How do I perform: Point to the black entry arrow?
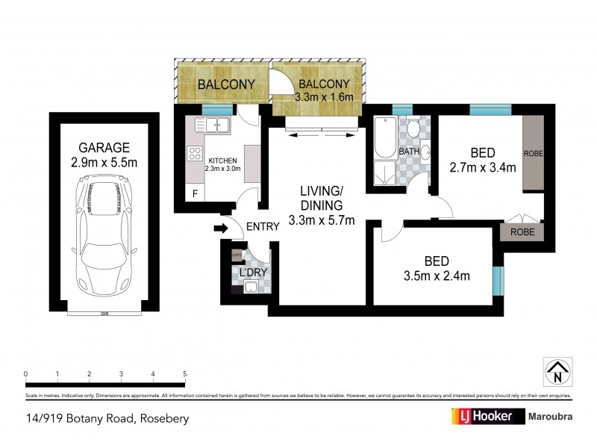click(x=221, y=228)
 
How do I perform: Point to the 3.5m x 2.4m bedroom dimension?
click(x=436, y=277)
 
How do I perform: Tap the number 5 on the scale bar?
click(x=184, y=374)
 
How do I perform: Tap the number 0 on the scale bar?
click(x=25, y=374)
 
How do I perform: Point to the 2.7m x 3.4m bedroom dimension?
click(x=483, y=167)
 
